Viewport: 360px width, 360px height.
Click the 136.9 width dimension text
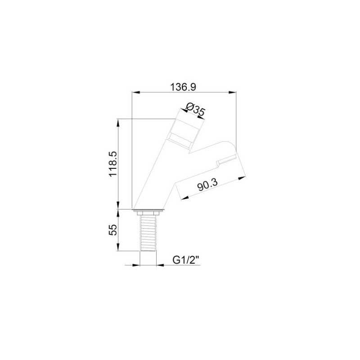pyautogui.click(x=183, y=87)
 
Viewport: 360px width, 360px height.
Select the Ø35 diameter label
pyautogui.click(x=195, y=109)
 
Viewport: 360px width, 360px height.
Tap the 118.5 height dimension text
pyautogui.click(x=113, y=164)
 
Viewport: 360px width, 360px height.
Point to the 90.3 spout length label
pyautogui.click(x=207, y=185)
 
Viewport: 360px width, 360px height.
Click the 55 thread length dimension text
pyautogui.click(x=113, y=230)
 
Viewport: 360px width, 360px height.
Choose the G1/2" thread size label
pyautogui.click(x=185, y=260)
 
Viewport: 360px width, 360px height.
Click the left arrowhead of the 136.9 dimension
pyautogui.click(x=136, y=92)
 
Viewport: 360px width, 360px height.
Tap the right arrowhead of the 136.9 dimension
pyautogui.click(x=232, y=92)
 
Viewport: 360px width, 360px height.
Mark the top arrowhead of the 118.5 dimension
pyautogui.click(x=118, y=123)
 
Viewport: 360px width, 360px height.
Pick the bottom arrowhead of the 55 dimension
pyautogui.click(x=118, y=247)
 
